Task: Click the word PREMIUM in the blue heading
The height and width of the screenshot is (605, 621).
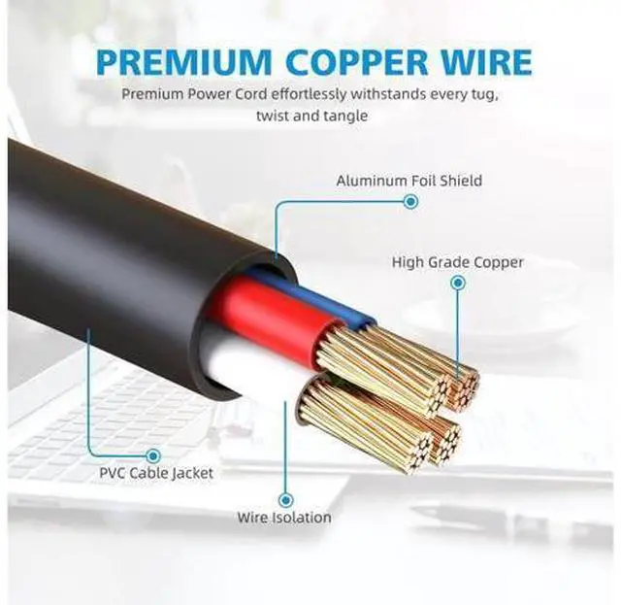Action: tap(184, 62)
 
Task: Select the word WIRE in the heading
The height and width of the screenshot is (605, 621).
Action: tap(487, 62)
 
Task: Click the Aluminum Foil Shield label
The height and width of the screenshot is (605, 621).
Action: tap(409, 181)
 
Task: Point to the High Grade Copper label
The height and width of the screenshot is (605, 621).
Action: tap(457, 262)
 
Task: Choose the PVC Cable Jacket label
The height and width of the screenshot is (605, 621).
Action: tap(156, 473)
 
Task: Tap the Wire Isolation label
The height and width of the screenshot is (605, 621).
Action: tap(284, 518)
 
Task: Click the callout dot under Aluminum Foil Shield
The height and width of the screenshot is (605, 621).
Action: tap(411, 202)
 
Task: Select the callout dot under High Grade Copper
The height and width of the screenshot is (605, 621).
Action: tap(458, 283)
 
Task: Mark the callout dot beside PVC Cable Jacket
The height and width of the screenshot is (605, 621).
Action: tap(153, 455)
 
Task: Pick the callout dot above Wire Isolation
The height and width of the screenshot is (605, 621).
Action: tap(285, 500)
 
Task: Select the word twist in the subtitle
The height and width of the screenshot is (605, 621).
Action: tap(273, 117)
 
